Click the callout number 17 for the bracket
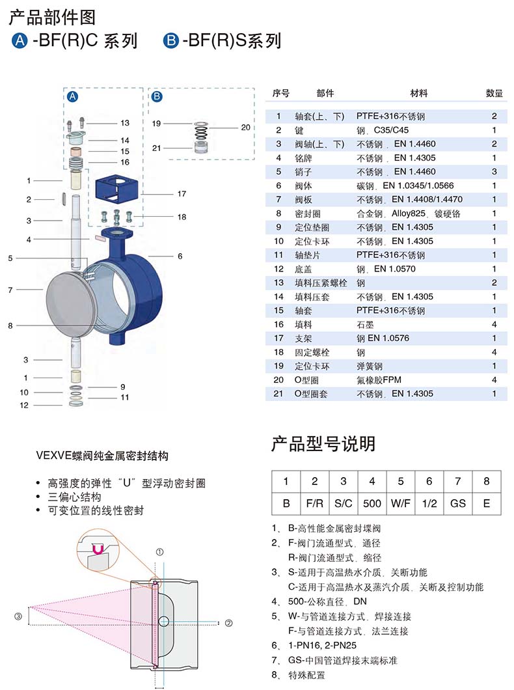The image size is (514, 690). [x=182, y=193]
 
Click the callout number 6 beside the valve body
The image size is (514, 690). [x=180, y=256]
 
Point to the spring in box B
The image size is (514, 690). [x=201, y=131]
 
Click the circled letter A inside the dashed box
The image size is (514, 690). [x=73, y=96]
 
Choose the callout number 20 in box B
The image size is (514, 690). [x=245, y=127]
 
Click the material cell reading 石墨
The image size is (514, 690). [x=365, y=325]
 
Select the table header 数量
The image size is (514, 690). [x=494, y=93]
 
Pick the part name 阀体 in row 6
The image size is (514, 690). [x=303, y=186]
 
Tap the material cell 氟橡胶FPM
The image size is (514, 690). [x=379, y=379]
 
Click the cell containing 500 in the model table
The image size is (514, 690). [x=372, y=503]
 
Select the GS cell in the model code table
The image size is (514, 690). [x=457, y=503]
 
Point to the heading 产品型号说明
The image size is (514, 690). [x=323, y=443]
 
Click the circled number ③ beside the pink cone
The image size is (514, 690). [x=18, y=616]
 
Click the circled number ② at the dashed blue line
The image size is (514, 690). [x=228, y=623]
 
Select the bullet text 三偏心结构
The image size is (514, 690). [x=74, y=497]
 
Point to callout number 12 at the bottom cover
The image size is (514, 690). [x=23, y=405]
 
